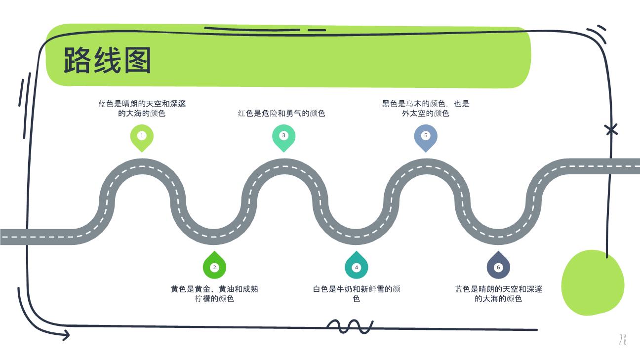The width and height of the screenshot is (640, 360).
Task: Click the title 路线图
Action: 107,60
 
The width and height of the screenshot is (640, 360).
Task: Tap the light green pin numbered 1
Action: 142,138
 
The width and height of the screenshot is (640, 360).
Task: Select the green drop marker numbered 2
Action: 214,265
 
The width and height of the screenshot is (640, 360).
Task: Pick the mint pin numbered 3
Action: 284,138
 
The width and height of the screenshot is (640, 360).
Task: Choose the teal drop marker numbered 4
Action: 356,265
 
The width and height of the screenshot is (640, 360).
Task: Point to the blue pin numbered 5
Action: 426,138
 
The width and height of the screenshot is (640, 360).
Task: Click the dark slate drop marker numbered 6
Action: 498,265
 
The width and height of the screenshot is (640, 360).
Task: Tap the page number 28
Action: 623,339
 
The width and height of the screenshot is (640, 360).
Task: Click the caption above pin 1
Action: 142,108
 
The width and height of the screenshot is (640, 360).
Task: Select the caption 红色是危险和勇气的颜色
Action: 281,114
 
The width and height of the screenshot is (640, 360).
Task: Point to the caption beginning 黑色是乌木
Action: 426,108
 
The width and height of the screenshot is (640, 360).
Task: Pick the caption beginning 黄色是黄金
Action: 214,294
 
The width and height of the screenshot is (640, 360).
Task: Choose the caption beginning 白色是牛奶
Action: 357,294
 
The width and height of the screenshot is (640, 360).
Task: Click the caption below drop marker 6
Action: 498,294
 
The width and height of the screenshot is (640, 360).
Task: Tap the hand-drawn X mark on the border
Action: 611,130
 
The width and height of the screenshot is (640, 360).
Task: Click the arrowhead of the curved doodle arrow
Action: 66,335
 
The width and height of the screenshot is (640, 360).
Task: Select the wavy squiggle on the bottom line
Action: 350,326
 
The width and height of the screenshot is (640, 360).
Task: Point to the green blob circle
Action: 593,282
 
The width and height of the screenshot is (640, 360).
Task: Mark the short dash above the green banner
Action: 317,30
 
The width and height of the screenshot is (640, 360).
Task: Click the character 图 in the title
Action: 138,60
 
